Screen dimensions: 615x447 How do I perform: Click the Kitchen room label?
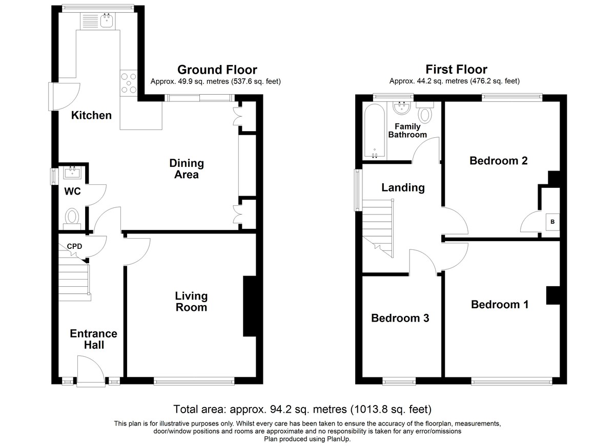click(x=91, y=115)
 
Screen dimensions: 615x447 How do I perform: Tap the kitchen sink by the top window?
click(x=107, y=20)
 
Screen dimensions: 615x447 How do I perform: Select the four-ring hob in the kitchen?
click(x=129, y=83)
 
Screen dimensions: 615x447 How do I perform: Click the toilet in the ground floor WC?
click(x=72, y=219)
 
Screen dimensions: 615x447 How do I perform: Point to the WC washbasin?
click(x=72, y=173)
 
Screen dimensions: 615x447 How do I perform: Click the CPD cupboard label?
click(x=74, y=246)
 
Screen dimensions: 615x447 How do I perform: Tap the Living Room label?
click(x=191, y=302)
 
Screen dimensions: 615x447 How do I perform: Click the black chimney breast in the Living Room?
click(x=250, y=306)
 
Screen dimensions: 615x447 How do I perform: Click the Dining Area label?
click(x=187, y=169)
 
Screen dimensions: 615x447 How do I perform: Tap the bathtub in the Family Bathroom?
click(x=375, y=131)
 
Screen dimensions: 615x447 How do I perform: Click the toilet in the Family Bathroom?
click(x=425, y=112)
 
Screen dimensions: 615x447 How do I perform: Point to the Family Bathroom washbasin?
click(x=402, y=108)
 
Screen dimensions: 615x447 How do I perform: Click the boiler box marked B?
click(x=552, y=222)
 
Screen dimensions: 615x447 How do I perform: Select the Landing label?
click(x=403, y=187)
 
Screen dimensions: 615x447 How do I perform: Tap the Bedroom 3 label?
click(x=400, y=318)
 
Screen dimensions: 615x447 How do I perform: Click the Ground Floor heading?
click(x=217, y=70)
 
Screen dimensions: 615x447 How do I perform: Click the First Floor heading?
click(x=456, y=70)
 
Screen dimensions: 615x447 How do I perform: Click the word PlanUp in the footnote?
click(x=339, y=439)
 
